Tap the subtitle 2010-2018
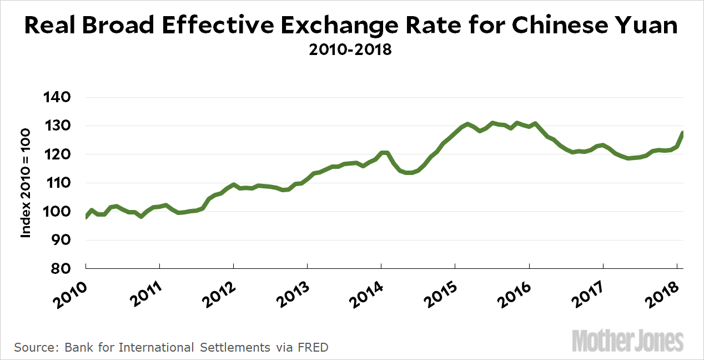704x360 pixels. pyautogui.click(x=351, y=50)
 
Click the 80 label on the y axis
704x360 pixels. pyautogui.click(x=63, y=269)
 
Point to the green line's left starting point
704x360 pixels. pyautogui.click(x=86, y=217)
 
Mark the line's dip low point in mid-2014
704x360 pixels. pyautogui.click(x=410, y=173)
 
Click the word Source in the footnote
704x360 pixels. pyautogui.click(x=35, y=348)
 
